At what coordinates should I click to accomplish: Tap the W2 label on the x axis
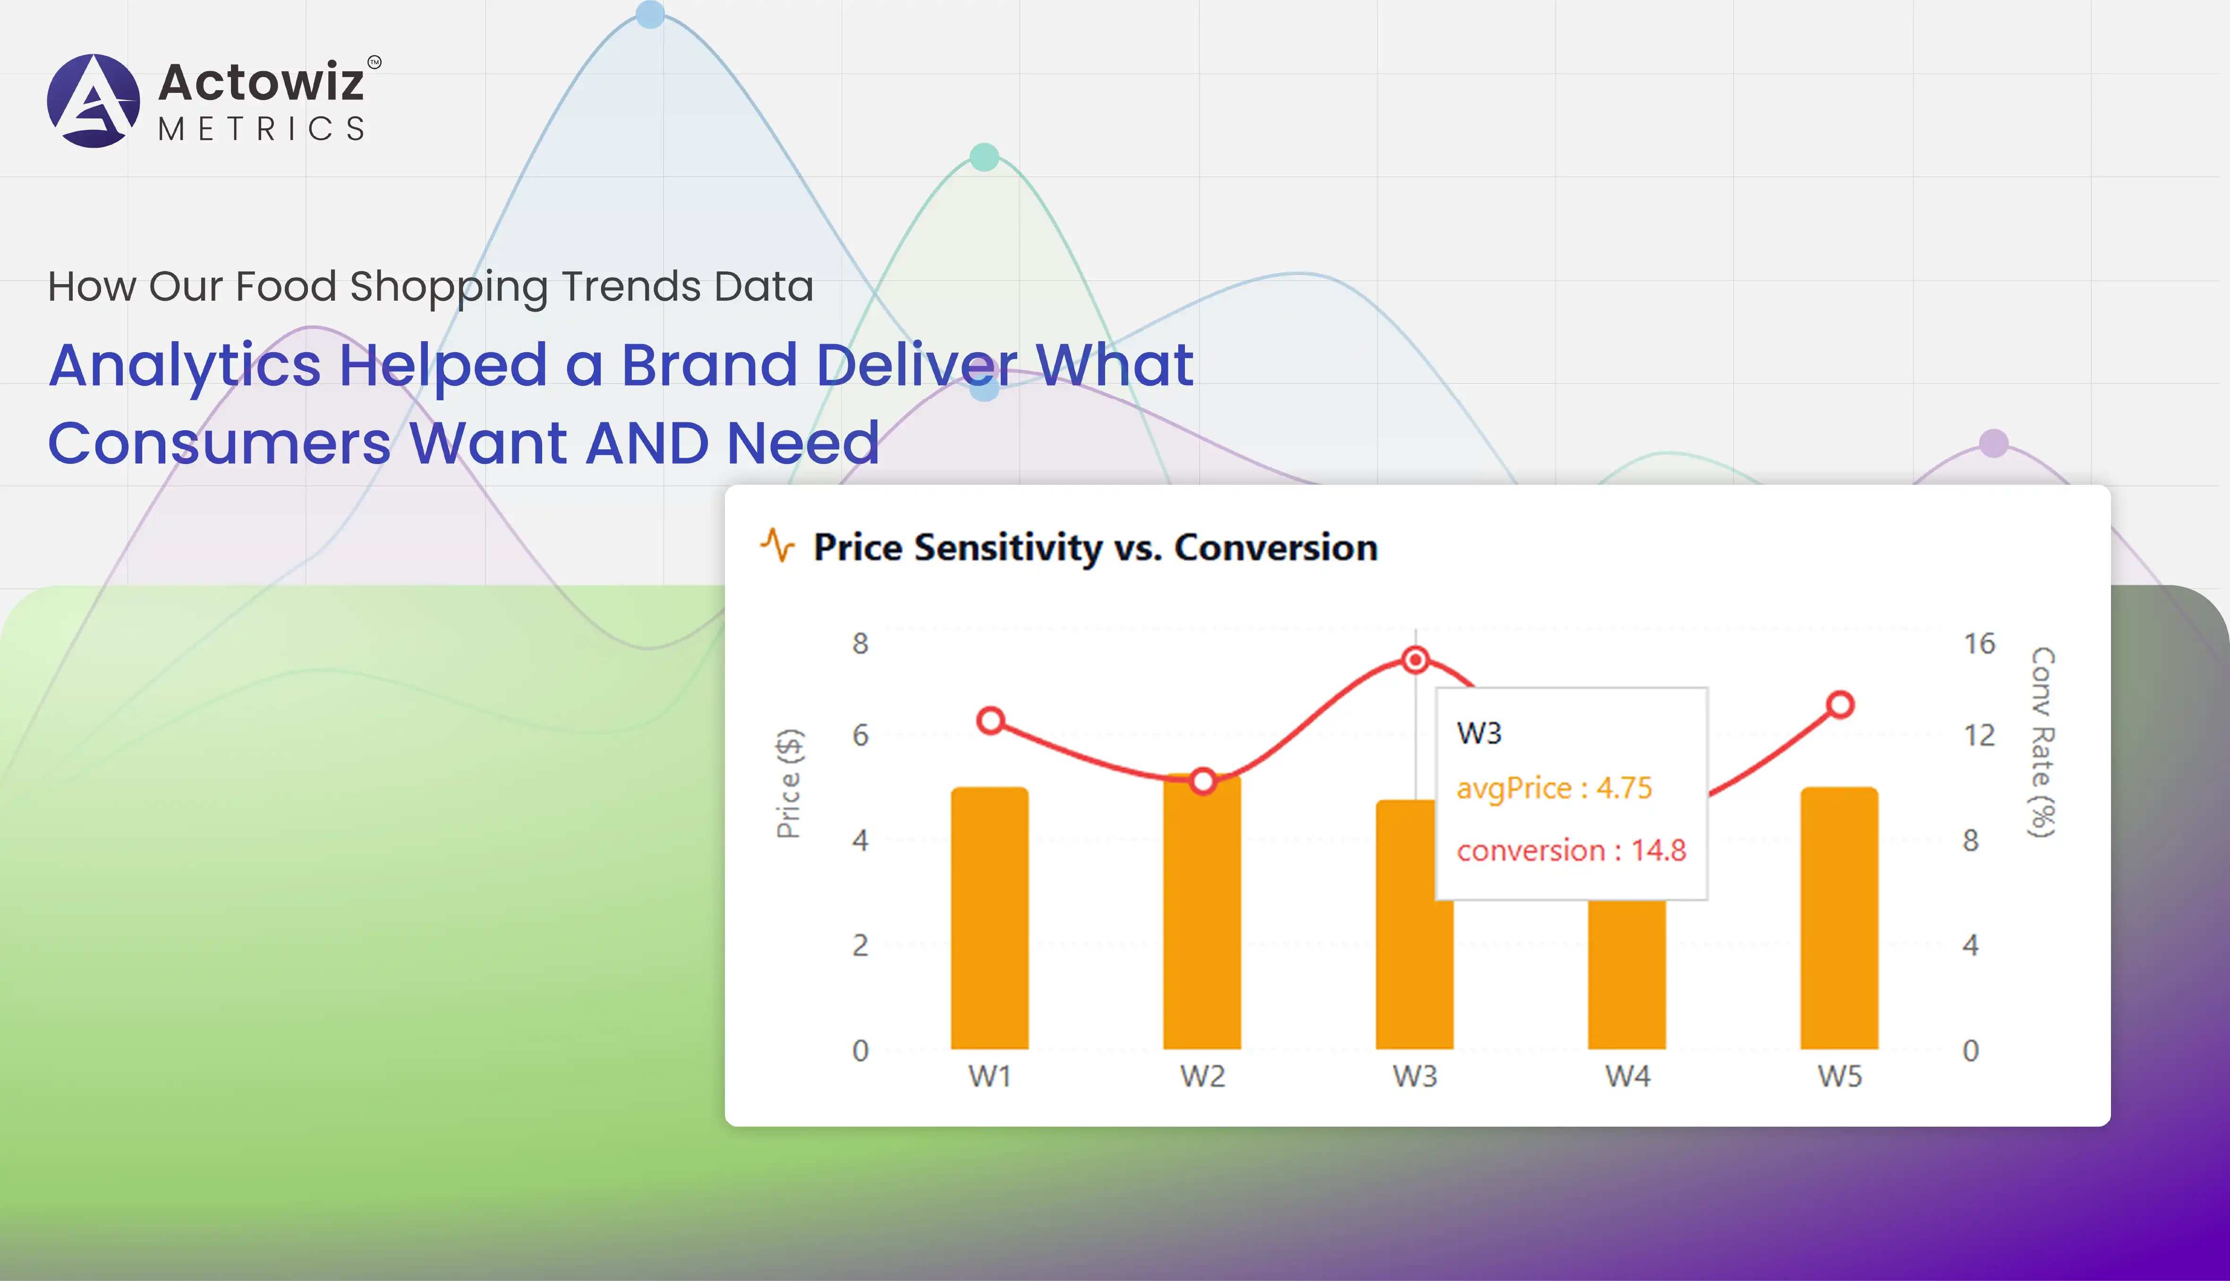(x=1202, y=1076)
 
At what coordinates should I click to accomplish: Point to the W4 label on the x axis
(x=1627, y=1076)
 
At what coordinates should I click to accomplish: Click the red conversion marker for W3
(x=1415, y=660)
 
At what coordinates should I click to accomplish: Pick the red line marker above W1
(x=991, y=721)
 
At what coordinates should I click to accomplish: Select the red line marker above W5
(x=1840, y=705)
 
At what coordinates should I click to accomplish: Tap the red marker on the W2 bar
(x=1203, y=781)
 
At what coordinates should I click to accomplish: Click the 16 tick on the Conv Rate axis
(x=1979, y=644)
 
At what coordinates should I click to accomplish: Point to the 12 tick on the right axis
(x=1979, y=735)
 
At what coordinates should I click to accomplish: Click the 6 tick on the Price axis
(x=860, y=735)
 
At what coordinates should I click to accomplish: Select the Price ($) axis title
(x=789, y=783)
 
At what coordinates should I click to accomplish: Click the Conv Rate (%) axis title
(x=2042, y=742)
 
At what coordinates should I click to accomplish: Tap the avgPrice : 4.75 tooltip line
(x=1554, y=788)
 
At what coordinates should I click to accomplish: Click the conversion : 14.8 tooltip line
(x=1571, y=851)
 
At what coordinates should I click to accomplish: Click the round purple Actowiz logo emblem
(x=94, y=100)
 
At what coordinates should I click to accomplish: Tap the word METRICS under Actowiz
(x=261, y=129)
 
